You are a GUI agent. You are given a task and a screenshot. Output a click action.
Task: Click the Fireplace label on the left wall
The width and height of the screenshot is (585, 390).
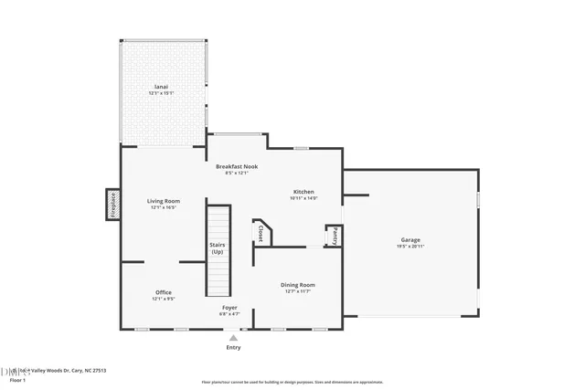112,206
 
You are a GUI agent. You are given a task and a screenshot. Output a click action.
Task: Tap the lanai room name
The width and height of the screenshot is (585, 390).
160,88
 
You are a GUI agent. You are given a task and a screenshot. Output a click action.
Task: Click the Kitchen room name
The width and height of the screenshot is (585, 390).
303,192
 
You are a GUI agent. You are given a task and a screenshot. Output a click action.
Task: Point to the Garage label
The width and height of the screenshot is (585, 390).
410,239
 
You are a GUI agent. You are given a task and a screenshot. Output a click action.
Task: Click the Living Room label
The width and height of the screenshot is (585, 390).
163,201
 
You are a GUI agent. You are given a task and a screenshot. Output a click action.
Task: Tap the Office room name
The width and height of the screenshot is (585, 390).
163,292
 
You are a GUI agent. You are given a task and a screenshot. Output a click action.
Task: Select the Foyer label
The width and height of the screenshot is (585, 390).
229,308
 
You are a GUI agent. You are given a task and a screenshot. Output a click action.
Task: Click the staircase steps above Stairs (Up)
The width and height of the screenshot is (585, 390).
218,224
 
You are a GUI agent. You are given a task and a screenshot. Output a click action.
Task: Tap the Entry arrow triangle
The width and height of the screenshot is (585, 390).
233,338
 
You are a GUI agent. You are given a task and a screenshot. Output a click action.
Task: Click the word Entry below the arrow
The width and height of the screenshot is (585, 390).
233,348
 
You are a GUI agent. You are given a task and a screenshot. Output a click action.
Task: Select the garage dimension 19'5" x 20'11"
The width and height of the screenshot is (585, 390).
410,246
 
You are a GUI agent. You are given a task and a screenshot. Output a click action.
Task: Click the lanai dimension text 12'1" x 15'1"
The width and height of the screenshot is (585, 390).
160,94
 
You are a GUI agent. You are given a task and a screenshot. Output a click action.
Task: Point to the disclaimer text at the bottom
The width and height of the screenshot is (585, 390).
293,380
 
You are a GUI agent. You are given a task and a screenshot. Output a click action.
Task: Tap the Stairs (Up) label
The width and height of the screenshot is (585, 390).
218,248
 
